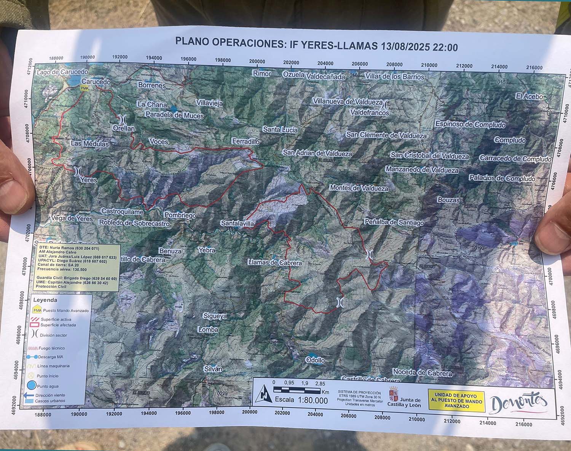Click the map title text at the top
(316, 45)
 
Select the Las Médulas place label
(89, 144)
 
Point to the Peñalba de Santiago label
(394, 222)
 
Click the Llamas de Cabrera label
(274, 263)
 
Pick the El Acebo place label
(529, 96)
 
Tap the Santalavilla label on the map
(237, 223)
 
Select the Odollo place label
(315, 360)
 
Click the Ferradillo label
(246, 141)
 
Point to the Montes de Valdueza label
(359, 188)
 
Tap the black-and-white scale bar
(297, 390)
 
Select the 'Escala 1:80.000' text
(301, 400)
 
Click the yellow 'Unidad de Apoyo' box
(456, 401)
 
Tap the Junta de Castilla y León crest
(393, 393)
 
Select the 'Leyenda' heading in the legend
(45, 300)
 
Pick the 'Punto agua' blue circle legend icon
(32, 385)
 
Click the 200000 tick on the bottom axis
(249, 412)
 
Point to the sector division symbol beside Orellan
(123, 119)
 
